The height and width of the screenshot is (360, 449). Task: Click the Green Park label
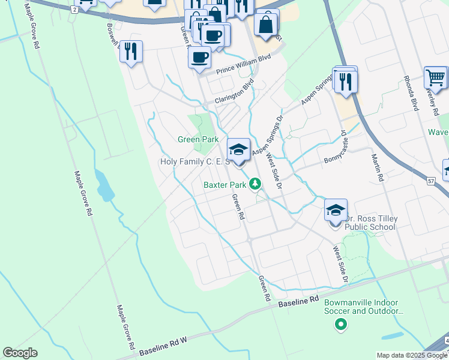[197, 139]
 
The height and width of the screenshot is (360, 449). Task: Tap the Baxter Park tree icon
[256, 184]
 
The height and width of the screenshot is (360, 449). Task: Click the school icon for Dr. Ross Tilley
[336, 211]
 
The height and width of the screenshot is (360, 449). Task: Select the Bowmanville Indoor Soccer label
[364, 307]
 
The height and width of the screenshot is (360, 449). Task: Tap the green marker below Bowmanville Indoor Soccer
[341, 325]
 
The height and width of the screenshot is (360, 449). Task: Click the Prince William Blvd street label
[240, 62]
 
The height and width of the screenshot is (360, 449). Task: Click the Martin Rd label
[376, 166]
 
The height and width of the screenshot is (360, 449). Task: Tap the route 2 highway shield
[74, 10]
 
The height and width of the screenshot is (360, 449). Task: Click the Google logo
[20, 353]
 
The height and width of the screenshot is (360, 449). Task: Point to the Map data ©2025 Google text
[411, 355]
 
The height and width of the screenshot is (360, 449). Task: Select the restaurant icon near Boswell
[130, 52]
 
